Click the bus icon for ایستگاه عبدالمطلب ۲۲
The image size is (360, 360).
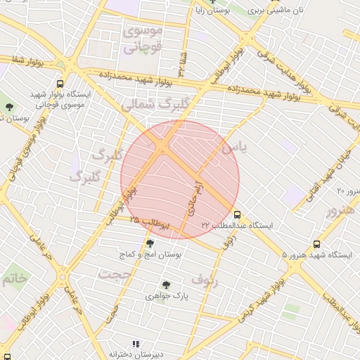pos(237,214)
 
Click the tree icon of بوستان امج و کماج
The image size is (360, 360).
pos(150,244)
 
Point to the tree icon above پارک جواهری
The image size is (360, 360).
pos(166,285)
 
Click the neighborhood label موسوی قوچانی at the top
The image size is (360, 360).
pos(143,39)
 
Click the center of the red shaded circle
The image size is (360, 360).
pos(180,179)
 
